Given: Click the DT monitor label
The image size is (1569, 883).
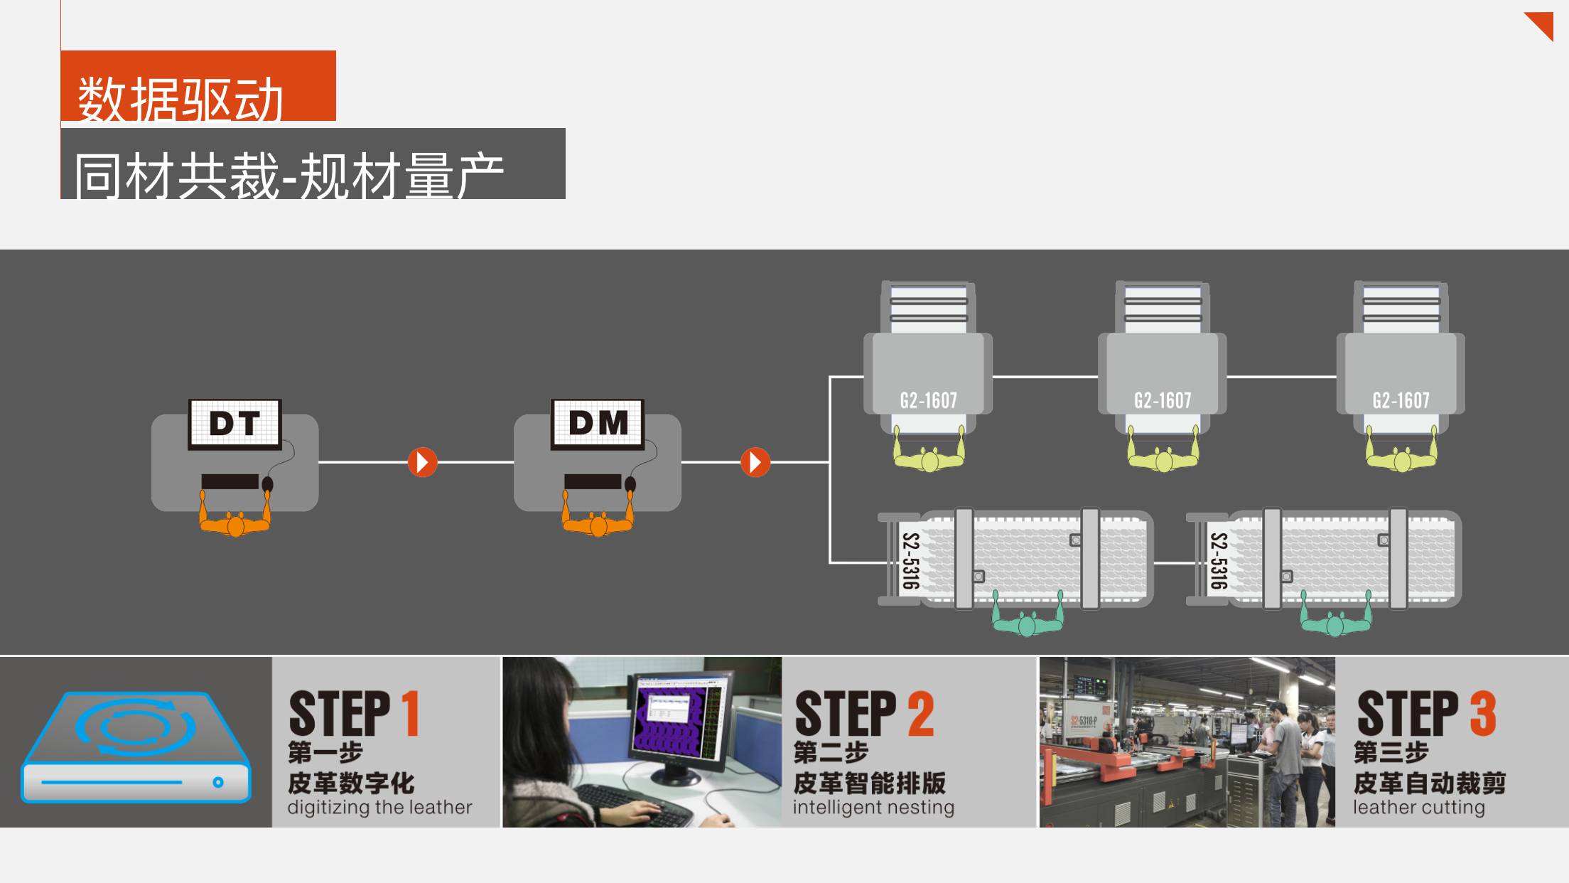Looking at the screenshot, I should tap(234, 424).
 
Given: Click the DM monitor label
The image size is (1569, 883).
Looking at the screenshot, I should tap(598, 424).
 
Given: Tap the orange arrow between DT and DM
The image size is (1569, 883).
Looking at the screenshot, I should tap(422, 462).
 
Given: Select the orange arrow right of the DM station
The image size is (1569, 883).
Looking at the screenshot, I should tap(755, 462).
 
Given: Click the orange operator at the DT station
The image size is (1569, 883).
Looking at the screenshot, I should tap(235, 519).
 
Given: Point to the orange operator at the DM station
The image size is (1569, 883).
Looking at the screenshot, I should tap(598, 519).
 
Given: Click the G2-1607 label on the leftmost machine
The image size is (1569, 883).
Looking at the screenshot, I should tap(928, 401).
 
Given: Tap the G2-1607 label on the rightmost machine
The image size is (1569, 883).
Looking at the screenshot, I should tap(1401, 401).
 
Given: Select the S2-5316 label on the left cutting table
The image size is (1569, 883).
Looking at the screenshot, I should tap(910, 561).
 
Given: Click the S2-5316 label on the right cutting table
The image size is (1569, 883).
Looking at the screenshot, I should tap(1219, 561).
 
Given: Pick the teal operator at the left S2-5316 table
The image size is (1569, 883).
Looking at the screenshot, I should tap(1027, 619).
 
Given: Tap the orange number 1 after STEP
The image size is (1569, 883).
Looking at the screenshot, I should tap(411, 713).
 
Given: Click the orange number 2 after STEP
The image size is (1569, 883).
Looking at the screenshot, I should tap(920, 713).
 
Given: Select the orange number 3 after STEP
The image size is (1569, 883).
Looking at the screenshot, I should tap(1483, 713).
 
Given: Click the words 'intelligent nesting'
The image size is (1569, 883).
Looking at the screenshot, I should tap(873, 808).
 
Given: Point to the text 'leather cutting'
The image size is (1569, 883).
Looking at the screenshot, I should tap(1419, 808).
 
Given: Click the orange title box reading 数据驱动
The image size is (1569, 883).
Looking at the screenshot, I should tap(198, 85).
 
